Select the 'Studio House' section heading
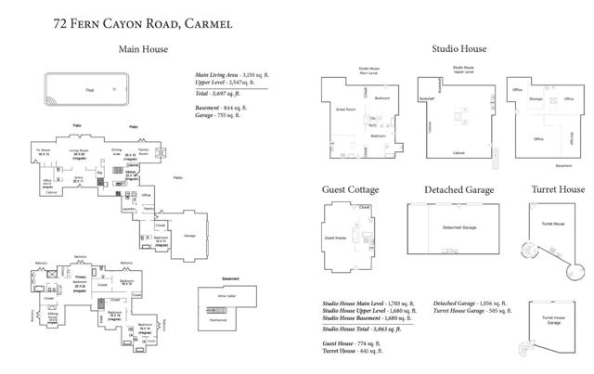tap(458, 49)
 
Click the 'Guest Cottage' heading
tap(350, 189)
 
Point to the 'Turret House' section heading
tap(557, 189)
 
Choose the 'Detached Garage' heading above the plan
tap(459, 189)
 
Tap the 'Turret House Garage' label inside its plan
tap(554, 320)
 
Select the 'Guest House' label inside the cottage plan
tap(335, 238)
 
